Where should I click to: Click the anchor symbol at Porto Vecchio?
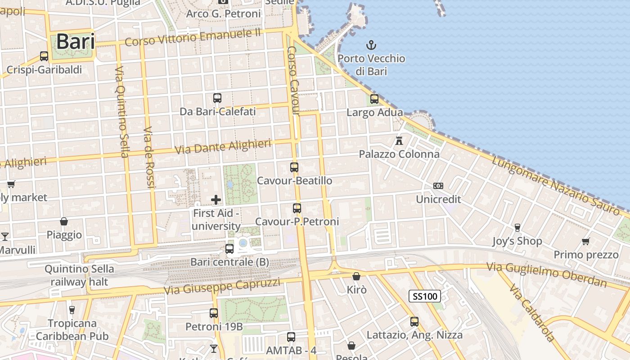[371, 45]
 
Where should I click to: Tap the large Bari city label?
[76, 42]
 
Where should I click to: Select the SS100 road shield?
[424, 296]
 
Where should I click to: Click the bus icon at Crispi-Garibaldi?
[44, 56]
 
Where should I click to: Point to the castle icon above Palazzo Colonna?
[399, 140]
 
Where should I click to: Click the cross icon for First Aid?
[216, 200]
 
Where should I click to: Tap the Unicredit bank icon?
[438, 186]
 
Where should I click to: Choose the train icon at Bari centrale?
[229, 248]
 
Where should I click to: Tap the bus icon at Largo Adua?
[374, 99]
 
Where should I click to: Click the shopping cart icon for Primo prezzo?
[586, 242]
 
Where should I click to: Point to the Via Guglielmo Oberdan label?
[546, 274]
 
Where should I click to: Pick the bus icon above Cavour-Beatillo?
[294, 167]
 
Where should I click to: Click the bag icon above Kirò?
[356, 276]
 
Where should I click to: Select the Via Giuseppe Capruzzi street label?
[222, 286]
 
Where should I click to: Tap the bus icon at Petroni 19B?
[214, 313]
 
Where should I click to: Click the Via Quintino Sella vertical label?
[121, 112]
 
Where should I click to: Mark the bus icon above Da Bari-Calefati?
[217, 98]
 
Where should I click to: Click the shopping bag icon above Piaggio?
[64, 221]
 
